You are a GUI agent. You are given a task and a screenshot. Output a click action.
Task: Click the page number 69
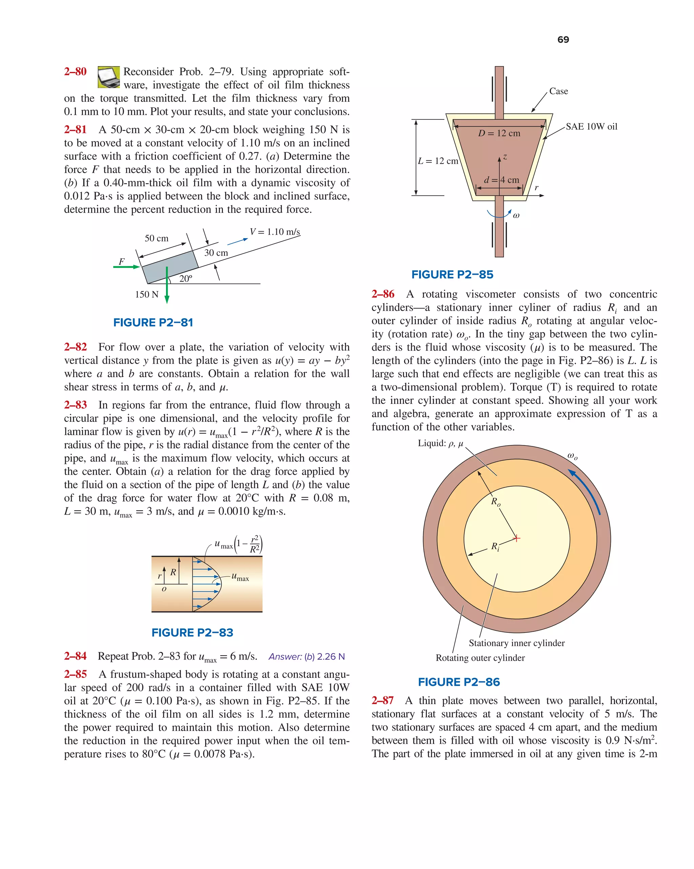[x=563, y=39]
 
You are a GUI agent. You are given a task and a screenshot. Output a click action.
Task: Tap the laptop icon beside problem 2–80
[x=108, y=77]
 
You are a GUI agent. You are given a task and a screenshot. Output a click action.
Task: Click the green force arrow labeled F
[x=126, y=267]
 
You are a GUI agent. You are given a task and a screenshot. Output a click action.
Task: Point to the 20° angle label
[x=186, y=278]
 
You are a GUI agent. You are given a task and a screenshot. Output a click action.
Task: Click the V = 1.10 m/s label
[x=275, y=232]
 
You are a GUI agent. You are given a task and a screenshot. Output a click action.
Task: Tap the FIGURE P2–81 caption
[x=153, y=323]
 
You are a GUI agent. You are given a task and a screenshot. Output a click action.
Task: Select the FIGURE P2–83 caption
[x=192, y=632]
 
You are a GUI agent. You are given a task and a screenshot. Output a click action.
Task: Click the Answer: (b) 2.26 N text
[x=307, y=657]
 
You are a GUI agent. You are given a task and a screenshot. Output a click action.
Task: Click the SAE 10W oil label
[x=591, y=127]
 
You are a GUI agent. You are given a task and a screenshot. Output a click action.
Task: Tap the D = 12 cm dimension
[x=499, y=133]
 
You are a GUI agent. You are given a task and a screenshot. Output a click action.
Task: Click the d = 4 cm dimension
[x=501, y=180]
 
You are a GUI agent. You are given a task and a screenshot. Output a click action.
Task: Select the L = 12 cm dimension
[x=438, y=161]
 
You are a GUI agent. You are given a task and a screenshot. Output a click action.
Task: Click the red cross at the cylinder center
[x=517, y=538]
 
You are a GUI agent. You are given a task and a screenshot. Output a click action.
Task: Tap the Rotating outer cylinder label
[x=480, y=658]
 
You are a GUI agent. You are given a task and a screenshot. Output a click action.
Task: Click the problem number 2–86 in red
[x=383, y=294]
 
